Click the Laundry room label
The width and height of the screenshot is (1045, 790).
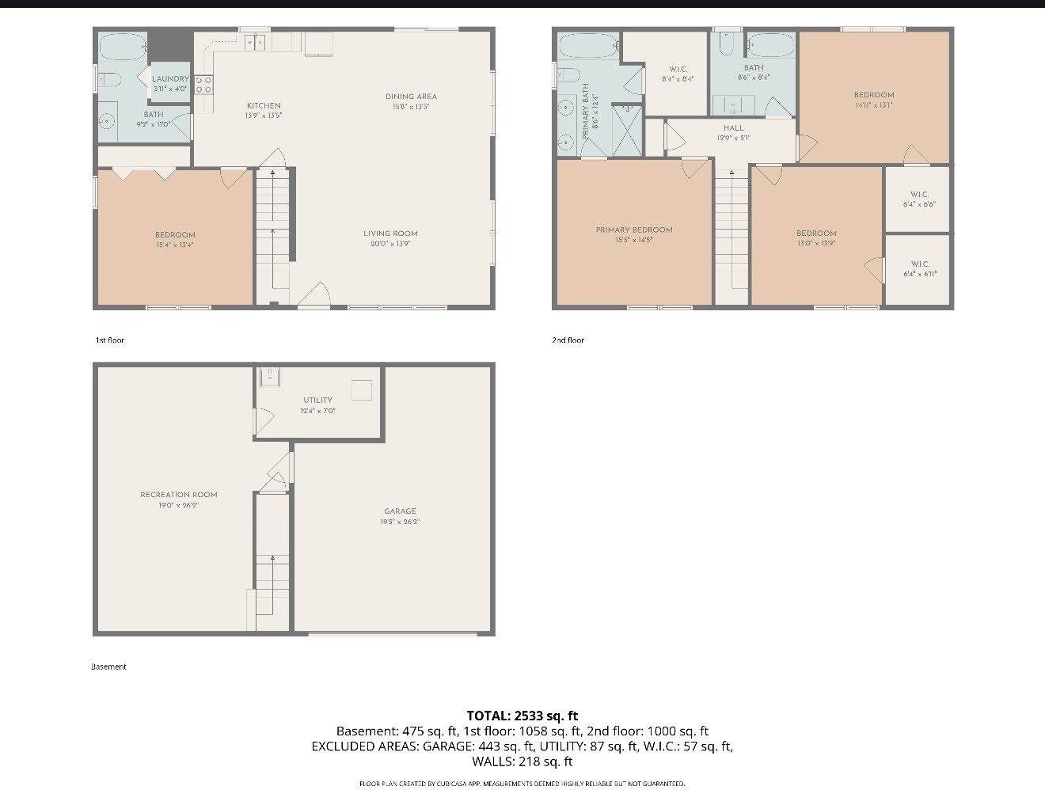(x=170, y=79)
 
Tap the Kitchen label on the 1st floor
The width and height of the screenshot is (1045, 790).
(x=264, y=105)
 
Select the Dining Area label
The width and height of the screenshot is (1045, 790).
(x=411, y=97)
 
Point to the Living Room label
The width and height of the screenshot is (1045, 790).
(x=390, y=234)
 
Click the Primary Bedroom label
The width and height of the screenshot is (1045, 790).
(x=634, y=230)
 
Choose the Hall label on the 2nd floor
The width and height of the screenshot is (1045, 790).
(x=733, y=127)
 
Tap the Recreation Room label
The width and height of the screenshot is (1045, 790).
(x=179, y=495)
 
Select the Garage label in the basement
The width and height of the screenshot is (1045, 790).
(x=400, y=511)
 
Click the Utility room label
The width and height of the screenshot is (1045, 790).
(x=317, y=400)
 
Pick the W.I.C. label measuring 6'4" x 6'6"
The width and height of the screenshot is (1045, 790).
(x=919, y=195)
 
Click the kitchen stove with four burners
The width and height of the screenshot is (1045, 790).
(x=203, y=84)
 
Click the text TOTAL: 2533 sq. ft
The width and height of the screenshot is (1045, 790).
(x=522, y=716)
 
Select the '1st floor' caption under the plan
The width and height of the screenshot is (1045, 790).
(x=110, y=340)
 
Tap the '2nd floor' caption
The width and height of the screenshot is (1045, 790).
(x=568, y=340)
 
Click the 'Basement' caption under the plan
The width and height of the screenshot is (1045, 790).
(x=108, y=667)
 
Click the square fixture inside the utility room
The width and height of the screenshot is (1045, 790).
(x=362, y=389)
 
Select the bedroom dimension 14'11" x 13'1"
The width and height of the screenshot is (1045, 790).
(x=874, y=104)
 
